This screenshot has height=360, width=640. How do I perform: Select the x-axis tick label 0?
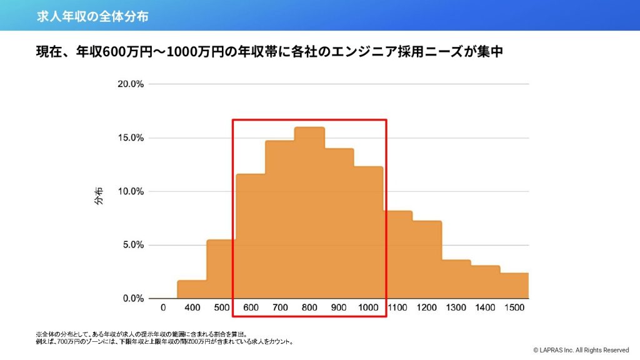(x=163, y=307)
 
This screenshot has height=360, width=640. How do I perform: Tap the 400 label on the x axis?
(x=192, y=307)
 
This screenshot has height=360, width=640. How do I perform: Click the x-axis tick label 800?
(x=309, y=307)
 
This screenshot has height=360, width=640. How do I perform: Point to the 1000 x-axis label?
(x=368, y=307)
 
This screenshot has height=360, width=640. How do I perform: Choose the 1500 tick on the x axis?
(x=514, y=307)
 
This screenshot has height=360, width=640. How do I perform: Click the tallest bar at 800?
(x=309, y=212)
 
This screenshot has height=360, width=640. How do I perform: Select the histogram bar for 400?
(x=192, y=289)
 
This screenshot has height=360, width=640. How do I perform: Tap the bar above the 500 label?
(x=221, y=269)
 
